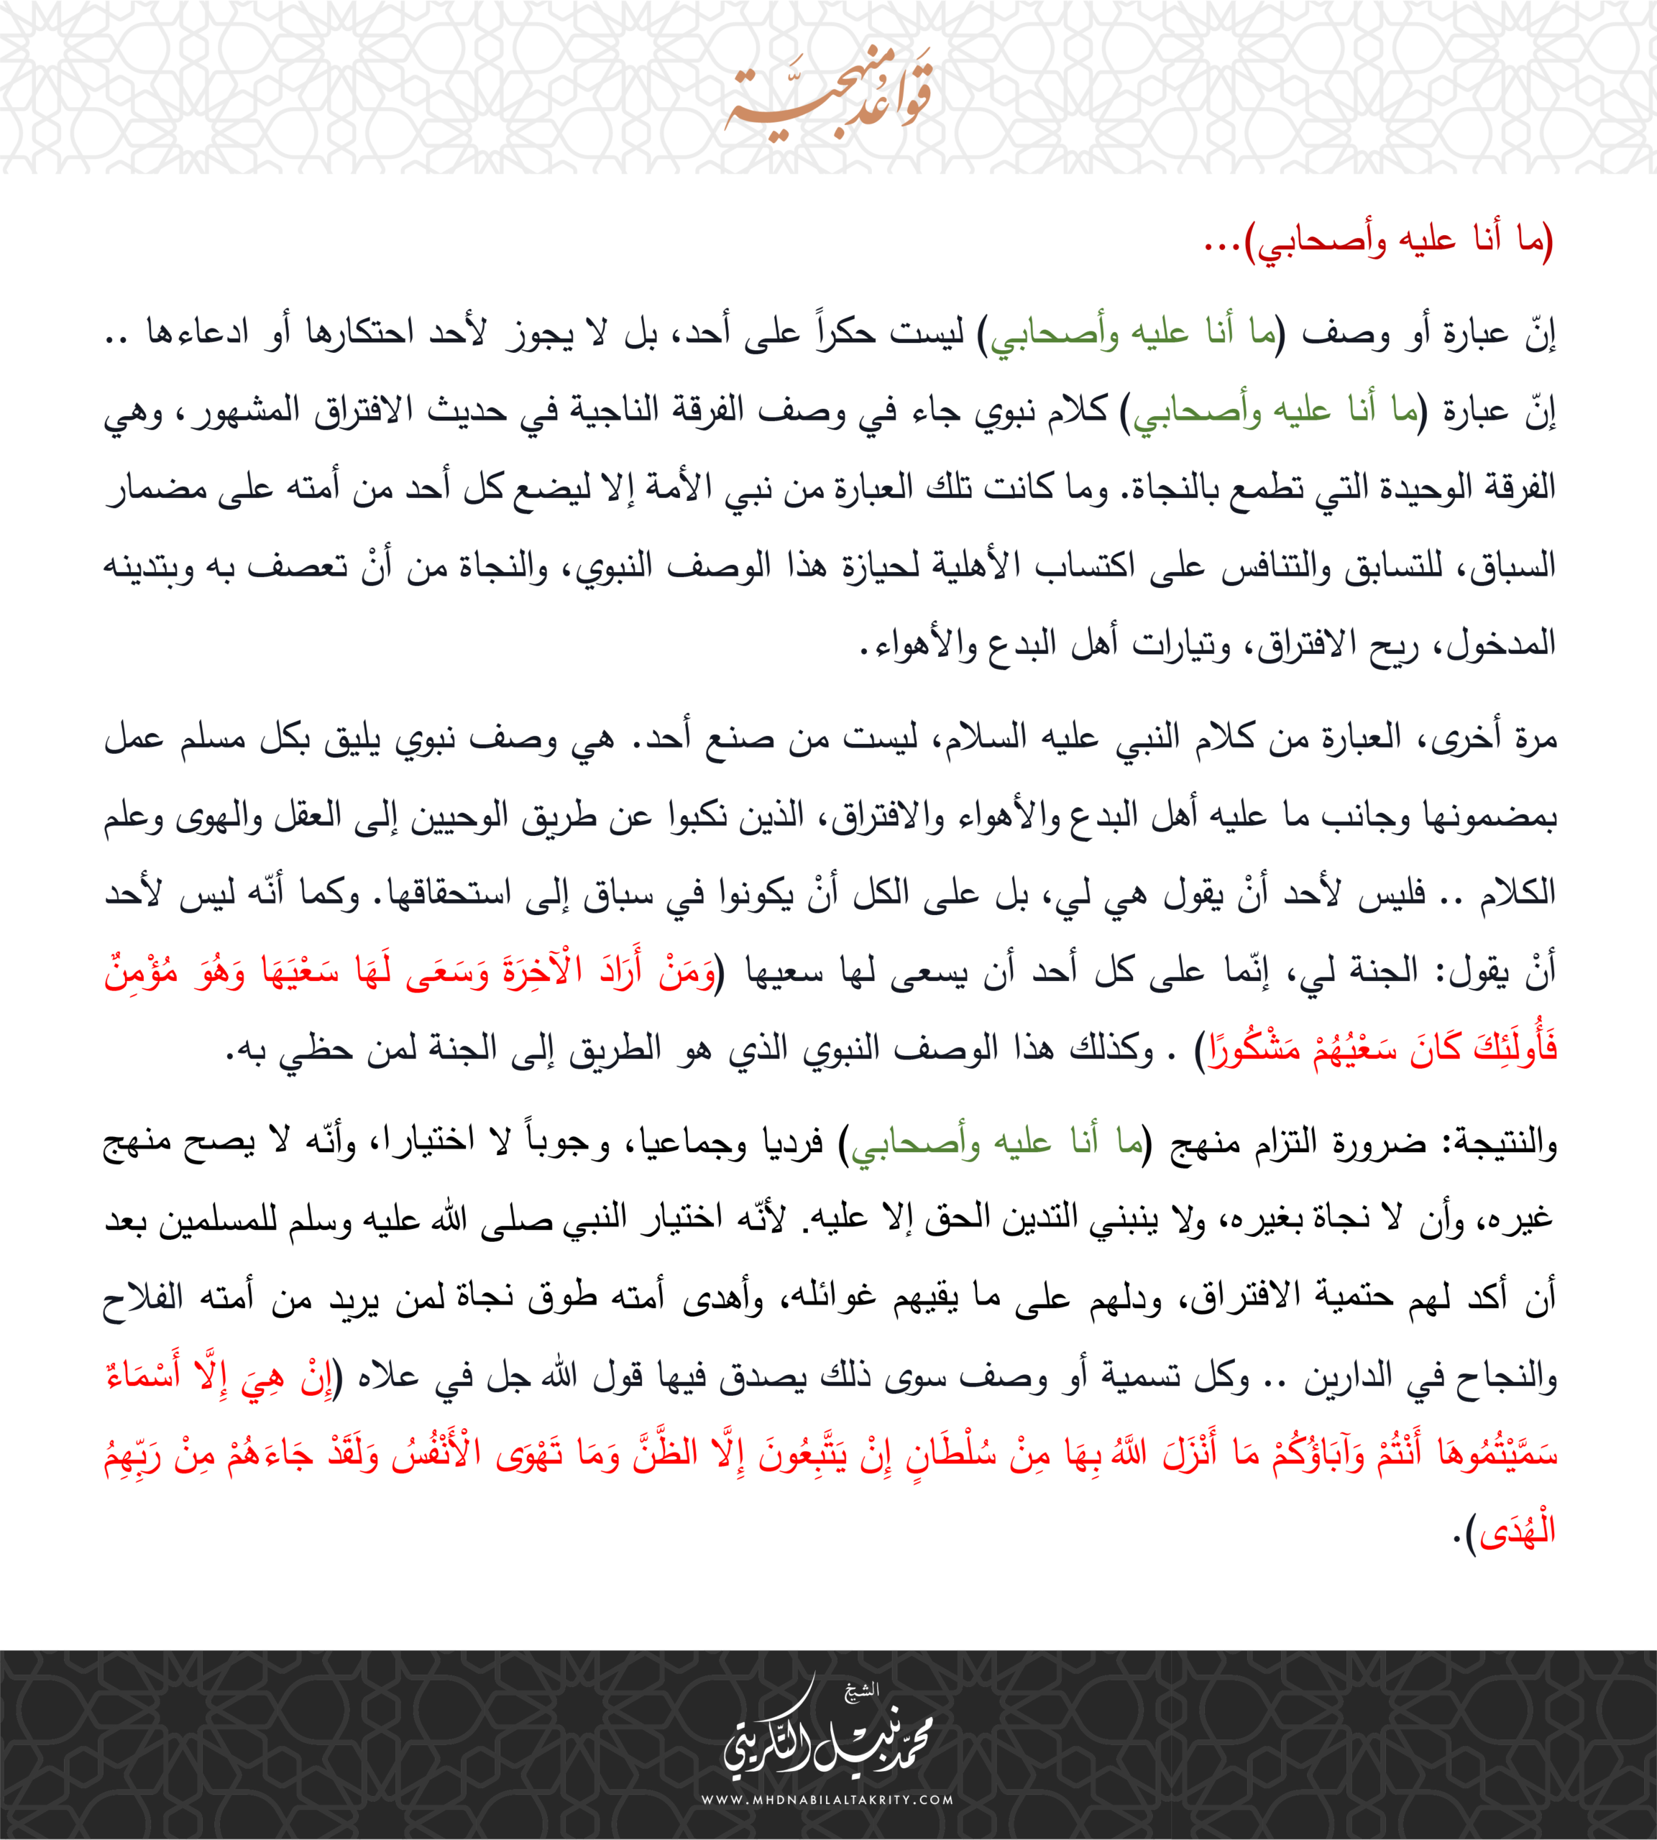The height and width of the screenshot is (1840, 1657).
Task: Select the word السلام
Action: (x=983, y=737)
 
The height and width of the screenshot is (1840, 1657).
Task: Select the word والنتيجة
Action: (x=1502, y=1141)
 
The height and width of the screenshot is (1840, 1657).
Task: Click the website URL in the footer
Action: (x=827, y=1800)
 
